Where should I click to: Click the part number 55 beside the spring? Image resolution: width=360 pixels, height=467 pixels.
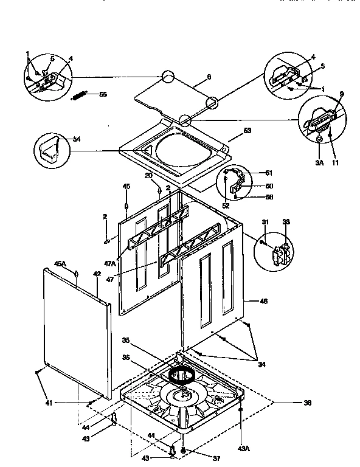[103, 94]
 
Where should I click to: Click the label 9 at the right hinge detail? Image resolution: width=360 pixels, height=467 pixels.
[341, 94]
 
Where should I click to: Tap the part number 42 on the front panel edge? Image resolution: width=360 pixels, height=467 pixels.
[96, 275]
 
